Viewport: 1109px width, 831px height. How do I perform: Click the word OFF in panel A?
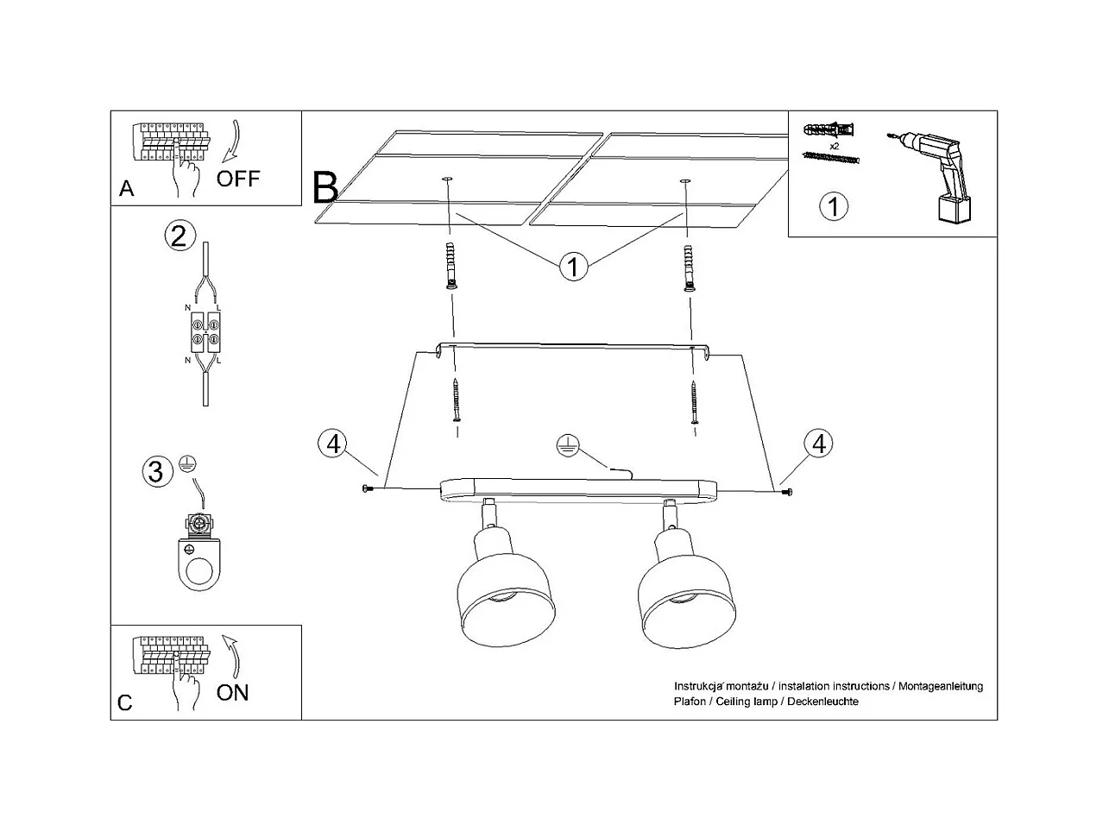point(238,179)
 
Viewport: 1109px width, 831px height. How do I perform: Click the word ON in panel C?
point(232,693)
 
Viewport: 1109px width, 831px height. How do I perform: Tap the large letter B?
point(325,187)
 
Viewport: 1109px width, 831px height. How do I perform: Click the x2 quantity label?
point(835,146)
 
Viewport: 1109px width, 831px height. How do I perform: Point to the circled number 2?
point(180,236)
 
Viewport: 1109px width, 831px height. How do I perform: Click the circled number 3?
point(157,471)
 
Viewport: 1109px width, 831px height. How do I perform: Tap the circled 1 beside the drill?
point(833,206)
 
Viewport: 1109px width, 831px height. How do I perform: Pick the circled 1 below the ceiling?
point(573,266)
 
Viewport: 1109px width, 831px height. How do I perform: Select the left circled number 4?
point(333,444)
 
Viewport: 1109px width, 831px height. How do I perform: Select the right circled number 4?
point(818,444)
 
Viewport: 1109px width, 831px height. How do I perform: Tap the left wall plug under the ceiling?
point(451,266)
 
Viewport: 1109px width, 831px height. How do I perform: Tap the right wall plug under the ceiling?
point(689,268)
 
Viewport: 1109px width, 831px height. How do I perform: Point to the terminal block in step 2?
point(205,332)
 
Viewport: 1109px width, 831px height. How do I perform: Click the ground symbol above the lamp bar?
point(568,446)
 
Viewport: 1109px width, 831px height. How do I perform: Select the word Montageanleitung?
point(940,686)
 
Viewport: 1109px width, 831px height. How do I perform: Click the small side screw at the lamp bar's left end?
point(367,488)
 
